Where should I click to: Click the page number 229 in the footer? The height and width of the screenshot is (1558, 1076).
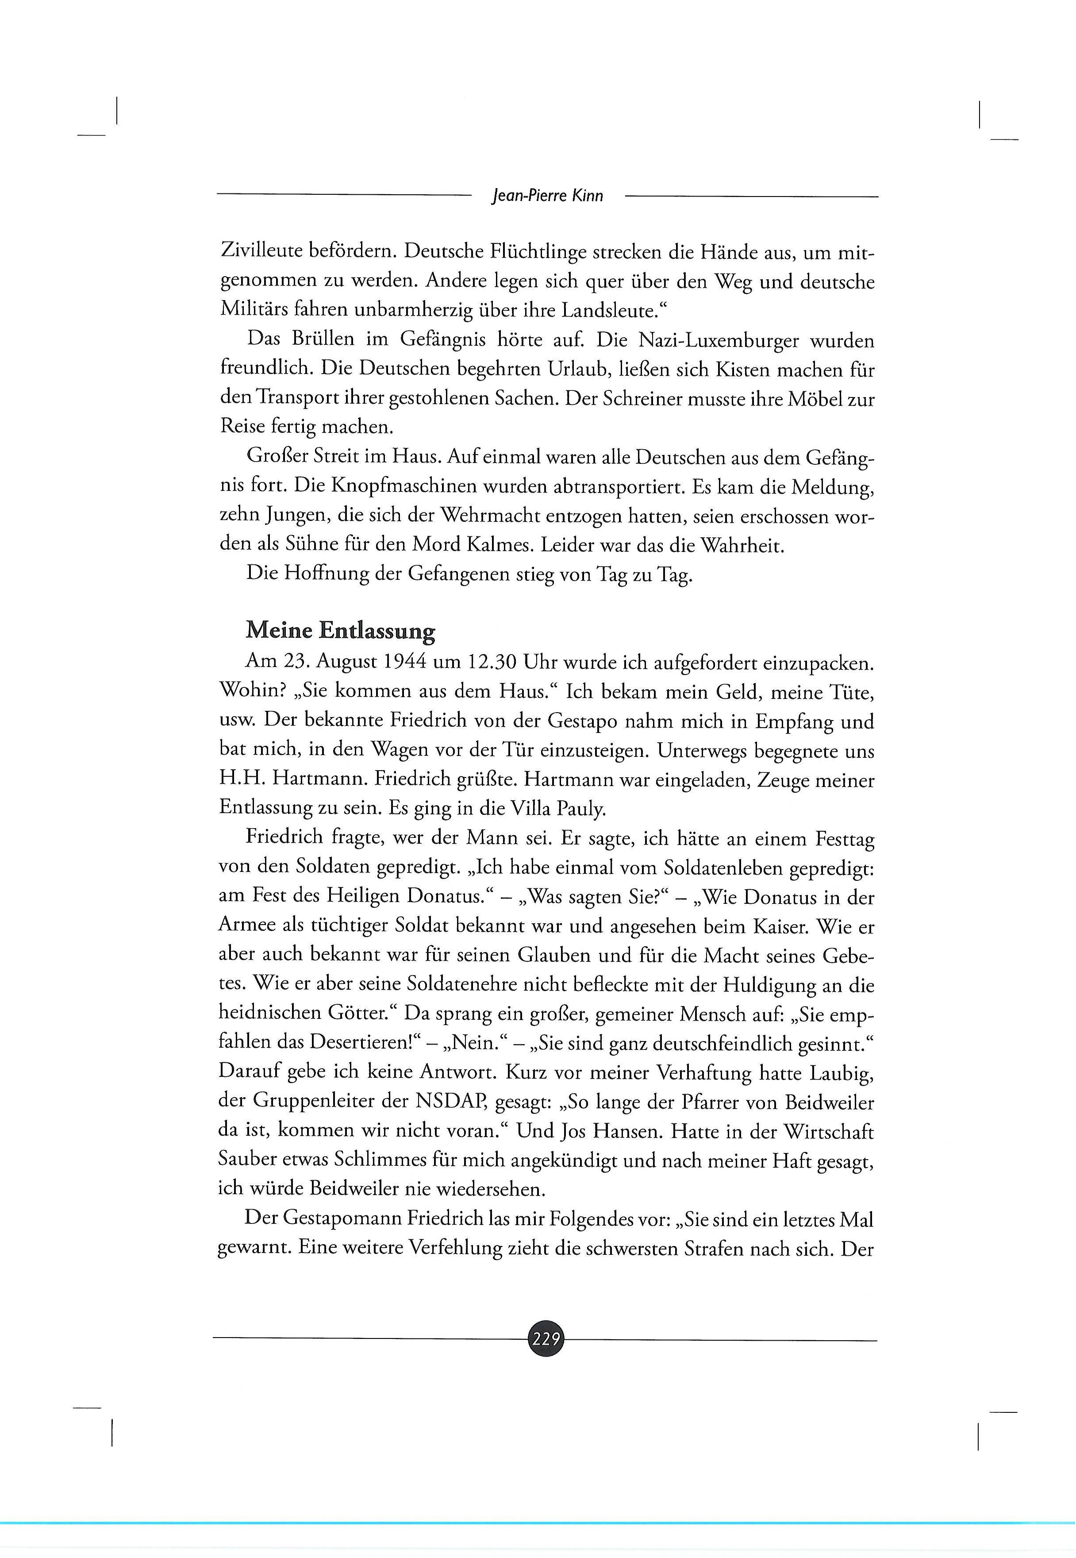(x=546, y=1339)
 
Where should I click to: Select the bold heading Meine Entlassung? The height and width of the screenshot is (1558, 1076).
(x=341, y=631)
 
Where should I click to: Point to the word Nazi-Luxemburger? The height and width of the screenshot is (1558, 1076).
(x=715, y=341)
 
